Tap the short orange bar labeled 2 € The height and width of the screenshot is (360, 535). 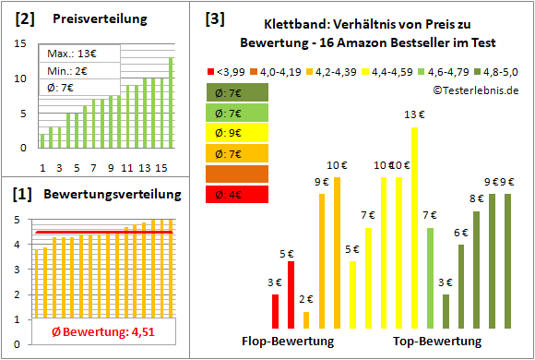click(306, 319)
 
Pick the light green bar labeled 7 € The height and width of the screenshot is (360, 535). click(430, 278)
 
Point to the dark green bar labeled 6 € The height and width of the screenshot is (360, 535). click(461, 286)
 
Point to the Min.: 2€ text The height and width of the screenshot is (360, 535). click(69, 71)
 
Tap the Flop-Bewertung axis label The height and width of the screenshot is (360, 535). click(288, 342)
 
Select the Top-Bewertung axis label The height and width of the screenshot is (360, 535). click(437, 342)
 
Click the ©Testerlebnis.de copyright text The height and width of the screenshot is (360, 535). click(474, 90)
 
